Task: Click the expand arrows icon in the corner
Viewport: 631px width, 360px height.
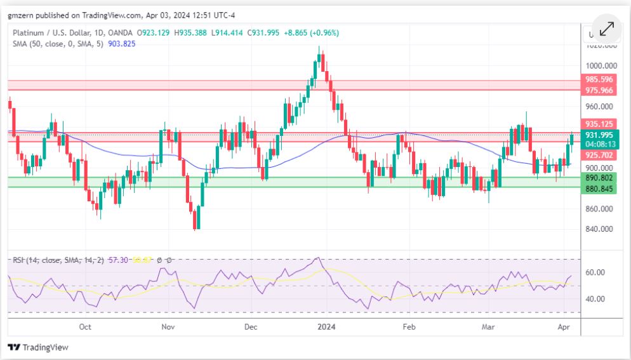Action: pos(606,29)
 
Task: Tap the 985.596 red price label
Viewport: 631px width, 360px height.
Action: pos(599,80)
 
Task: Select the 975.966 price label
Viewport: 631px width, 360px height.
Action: pos(599,91)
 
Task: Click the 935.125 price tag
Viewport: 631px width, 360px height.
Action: pos(599,124)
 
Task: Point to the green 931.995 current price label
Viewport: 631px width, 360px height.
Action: pos(599,135)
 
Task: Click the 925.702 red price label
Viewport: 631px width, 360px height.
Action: pos(599,155)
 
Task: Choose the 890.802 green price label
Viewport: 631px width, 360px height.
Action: pos(599,178)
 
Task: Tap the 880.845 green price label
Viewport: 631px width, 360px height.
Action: pos(599,189)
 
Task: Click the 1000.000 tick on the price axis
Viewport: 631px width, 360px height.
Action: pos(600,66)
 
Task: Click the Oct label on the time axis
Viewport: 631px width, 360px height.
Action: pos(85,327)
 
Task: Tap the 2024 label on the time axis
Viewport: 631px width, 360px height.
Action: pos(326,327)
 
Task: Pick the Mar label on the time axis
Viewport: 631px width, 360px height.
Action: pos(488,327)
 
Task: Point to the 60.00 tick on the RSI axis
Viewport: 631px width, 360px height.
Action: pos(594,273)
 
